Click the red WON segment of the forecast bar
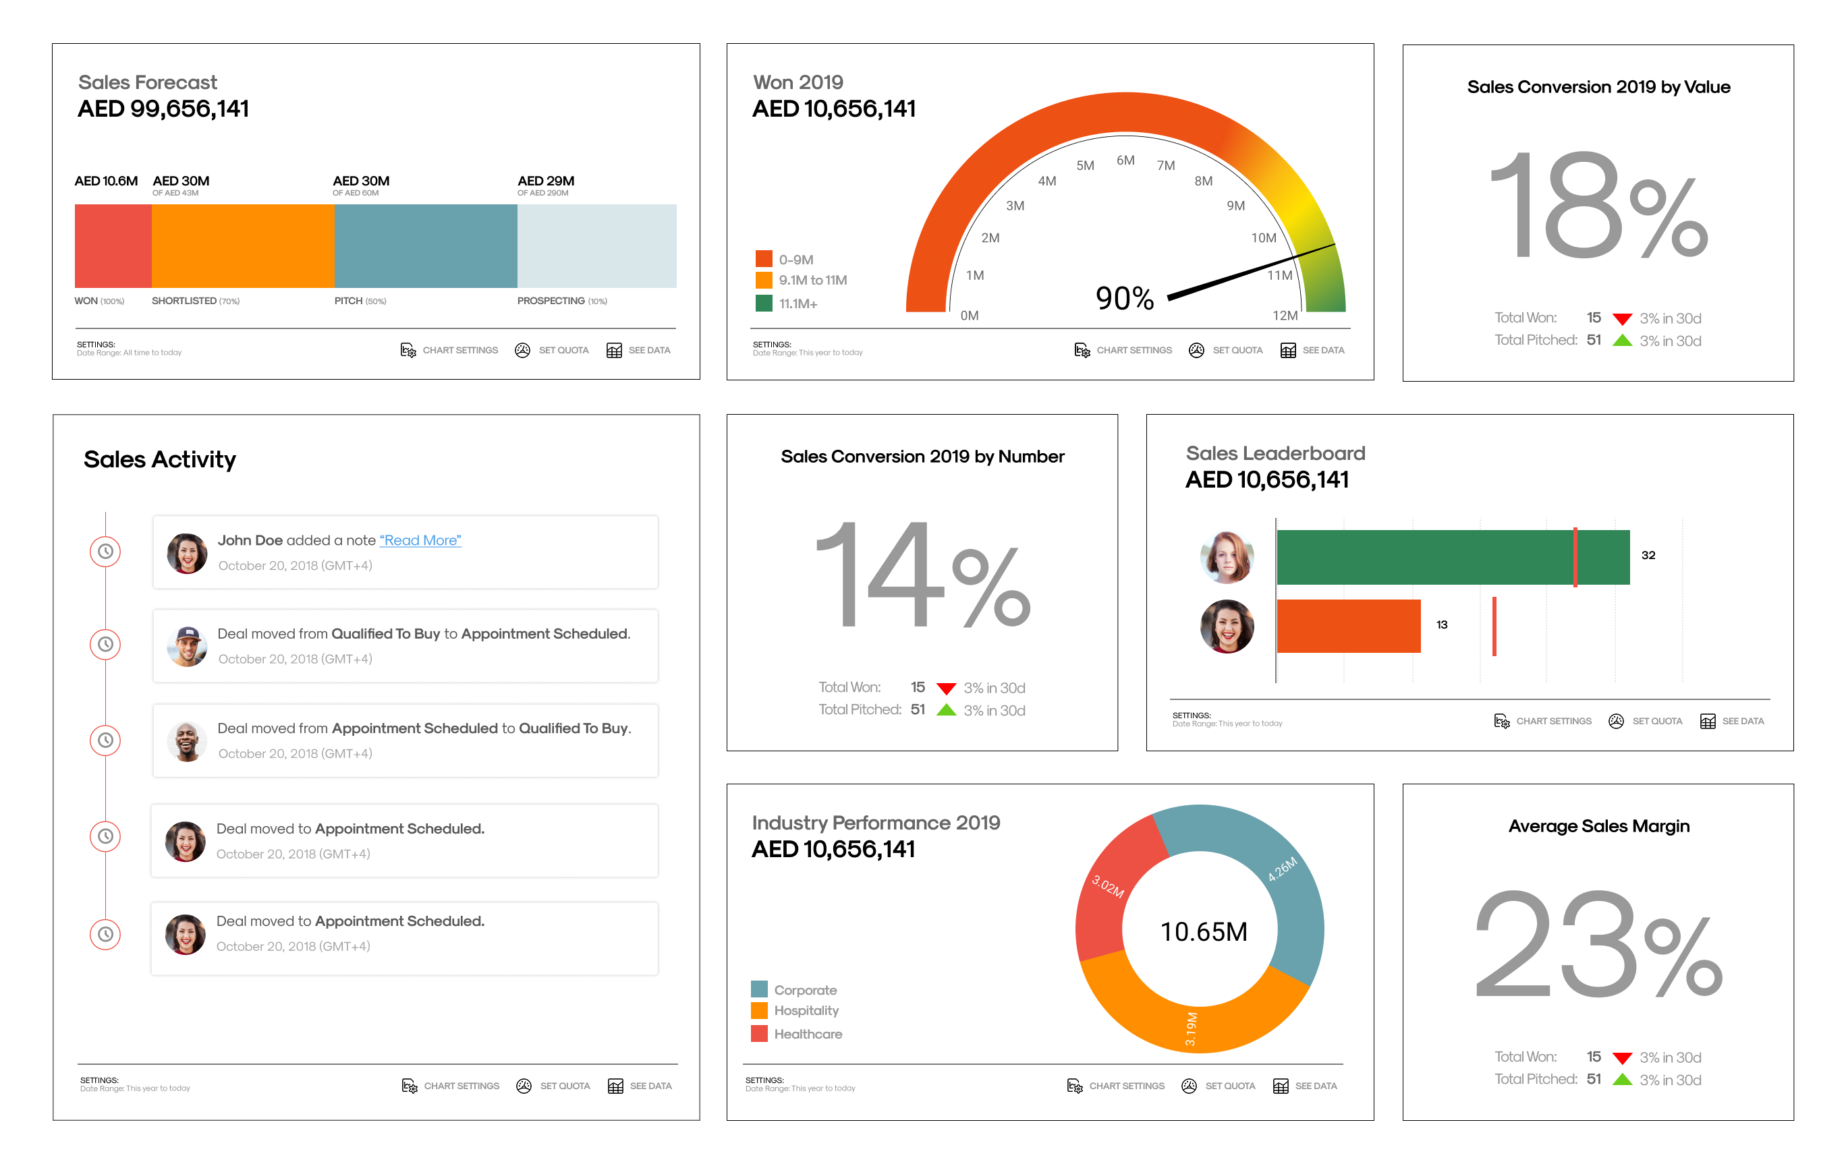click(x=113, y=246)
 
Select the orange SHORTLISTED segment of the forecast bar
click(x=243, y=246)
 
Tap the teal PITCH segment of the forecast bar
click(x=426, y=246)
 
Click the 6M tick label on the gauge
click(x=1125, y=160)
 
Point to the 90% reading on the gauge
click(x=1125, y=298)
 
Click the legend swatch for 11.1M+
click(x=764, y=303)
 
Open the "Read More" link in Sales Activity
click(x=420, y=540)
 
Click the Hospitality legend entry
click(x=805, y=1011)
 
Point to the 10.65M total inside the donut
click(x=1204, y=932)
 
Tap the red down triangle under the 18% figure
click(x=1621, y=319)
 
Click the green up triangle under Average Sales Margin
click(x=1621, y=1079)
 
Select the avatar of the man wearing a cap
click(x=187, y=645)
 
